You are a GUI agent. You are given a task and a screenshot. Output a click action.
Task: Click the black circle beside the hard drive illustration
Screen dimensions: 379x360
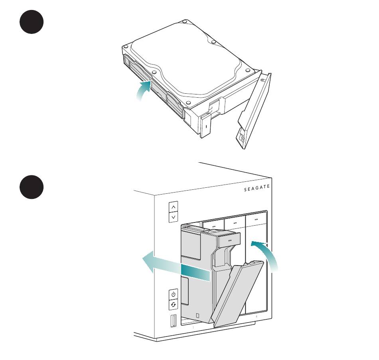32,22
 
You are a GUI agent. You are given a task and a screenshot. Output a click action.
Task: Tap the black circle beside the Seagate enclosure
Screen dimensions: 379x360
32,187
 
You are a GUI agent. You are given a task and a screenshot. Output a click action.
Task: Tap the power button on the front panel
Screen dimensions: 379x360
173,294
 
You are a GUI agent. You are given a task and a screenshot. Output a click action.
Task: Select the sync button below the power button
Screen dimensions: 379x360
173,305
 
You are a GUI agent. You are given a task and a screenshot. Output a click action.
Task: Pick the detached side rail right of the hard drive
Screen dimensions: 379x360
254,111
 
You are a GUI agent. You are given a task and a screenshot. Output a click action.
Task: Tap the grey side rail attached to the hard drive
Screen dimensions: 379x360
153,86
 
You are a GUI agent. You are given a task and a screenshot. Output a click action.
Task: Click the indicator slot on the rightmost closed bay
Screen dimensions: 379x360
256,219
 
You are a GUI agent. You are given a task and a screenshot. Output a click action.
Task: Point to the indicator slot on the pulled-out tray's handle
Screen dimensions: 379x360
229,240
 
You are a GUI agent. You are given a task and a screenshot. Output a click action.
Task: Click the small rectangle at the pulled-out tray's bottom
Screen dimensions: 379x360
197,315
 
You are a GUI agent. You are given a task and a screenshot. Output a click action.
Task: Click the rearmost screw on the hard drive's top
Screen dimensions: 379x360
185,22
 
